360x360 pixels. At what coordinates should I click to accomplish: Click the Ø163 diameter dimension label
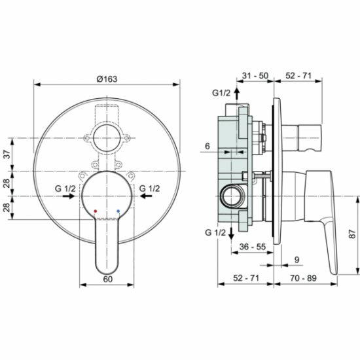107,79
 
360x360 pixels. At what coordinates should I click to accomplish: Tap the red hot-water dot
96,211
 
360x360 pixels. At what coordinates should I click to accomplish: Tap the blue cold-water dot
118,211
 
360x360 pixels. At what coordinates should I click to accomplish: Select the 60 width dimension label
108,279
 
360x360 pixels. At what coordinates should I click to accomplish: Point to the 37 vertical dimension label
8,154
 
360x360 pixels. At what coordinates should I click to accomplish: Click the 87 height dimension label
352,234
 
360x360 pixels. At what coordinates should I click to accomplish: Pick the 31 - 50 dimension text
255,75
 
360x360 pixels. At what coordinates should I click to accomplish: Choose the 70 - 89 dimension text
303,278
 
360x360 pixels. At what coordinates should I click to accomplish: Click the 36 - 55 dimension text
252,247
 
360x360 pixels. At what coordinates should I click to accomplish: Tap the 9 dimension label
297,260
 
